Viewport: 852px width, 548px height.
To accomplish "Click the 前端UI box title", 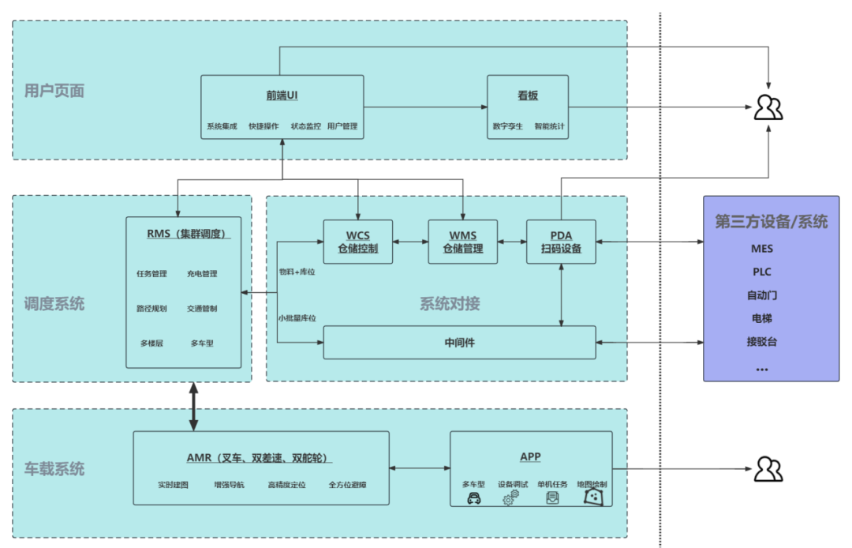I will coord(282,96).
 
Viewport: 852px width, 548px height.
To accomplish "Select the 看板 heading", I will coord(528,96).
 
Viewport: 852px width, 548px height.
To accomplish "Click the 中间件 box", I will coord(459,343).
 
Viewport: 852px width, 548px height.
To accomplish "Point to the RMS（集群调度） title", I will coord(184,233).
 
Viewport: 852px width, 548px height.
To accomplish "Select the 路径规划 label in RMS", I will coord(151,309).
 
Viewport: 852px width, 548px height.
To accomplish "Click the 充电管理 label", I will coord(202,274).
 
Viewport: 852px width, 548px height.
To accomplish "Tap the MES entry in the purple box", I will coord(762,249).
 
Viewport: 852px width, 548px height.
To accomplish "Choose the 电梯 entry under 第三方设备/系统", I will coord(762,319).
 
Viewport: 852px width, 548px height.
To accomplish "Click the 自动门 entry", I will coord(762,295).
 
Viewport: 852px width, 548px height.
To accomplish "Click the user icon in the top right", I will coord(768,107).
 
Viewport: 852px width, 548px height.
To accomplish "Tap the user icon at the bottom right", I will coord(768,469).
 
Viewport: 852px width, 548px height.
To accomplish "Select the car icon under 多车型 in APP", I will coord(474,498).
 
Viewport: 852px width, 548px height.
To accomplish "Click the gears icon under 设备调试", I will coord(511,497).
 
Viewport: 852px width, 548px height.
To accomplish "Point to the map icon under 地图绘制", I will coord(592,497).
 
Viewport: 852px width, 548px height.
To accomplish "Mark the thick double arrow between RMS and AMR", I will coord(192,407).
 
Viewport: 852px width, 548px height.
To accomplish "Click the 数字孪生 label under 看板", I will coord(507,126).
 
